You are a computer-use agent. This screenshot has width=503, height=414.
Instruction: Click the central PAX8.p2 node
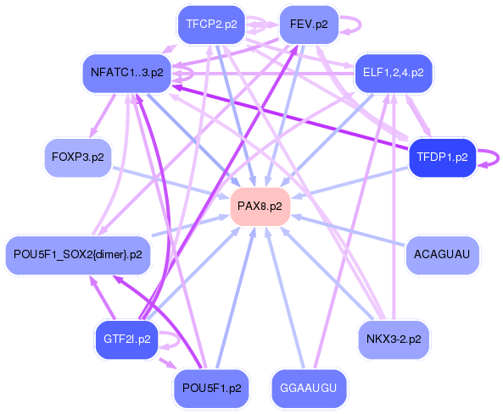(x=260, y=207)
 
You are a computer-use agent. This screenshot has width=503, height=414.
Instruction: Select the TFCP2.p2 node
(x=211, y=25)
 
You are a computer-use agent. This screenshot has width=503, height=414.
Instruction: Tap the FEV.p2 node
(x=309, y=25)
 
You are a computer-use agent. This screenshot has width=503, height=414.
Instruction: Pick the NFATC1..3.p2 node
(x=127, y=74)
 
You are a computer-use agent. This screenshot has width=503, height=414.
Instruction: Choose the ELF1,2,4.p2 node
(x=394, y=74)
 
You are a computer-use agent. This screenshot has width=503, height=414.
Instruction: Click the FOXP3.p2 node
(x=78, y=157)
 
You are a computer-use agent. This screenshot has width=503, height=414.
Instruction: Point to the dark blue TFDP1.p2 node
(x=443, y=157)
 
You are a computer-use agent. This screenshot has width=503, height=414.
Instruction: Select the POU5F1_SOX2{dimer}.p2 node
(x=78, y=255)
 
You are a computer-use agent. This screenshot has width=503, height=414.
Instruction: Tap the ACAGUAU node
(x=443, y=255)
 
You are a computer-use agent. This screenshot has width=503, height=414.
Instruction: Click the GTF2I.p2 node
(x=127, y=339)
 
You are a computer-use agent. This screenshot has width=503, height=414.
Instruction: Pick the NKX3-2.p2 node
(x=394, y=339)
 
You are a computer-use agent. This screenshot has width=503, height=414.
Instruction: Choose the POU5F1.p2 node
(x=211, y=389)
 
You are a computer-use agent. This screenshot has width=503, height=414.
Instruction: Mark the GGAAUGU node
(x=309, y=389)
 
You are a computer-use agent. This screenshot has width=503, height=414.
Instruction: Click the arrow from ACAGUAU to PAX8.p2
(x=349, y=230)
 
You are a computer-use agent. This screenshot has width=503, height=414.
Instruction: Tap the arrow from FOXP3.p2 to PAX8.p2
(x=170, y=183)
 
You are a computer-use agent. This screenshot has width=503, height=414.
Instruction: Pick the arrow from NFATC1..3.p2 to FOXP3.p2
(x=103, y=116)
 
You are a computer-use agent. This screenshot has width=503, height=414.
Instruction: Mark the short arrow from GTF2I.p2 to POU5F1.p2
(x=167, y=363)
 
